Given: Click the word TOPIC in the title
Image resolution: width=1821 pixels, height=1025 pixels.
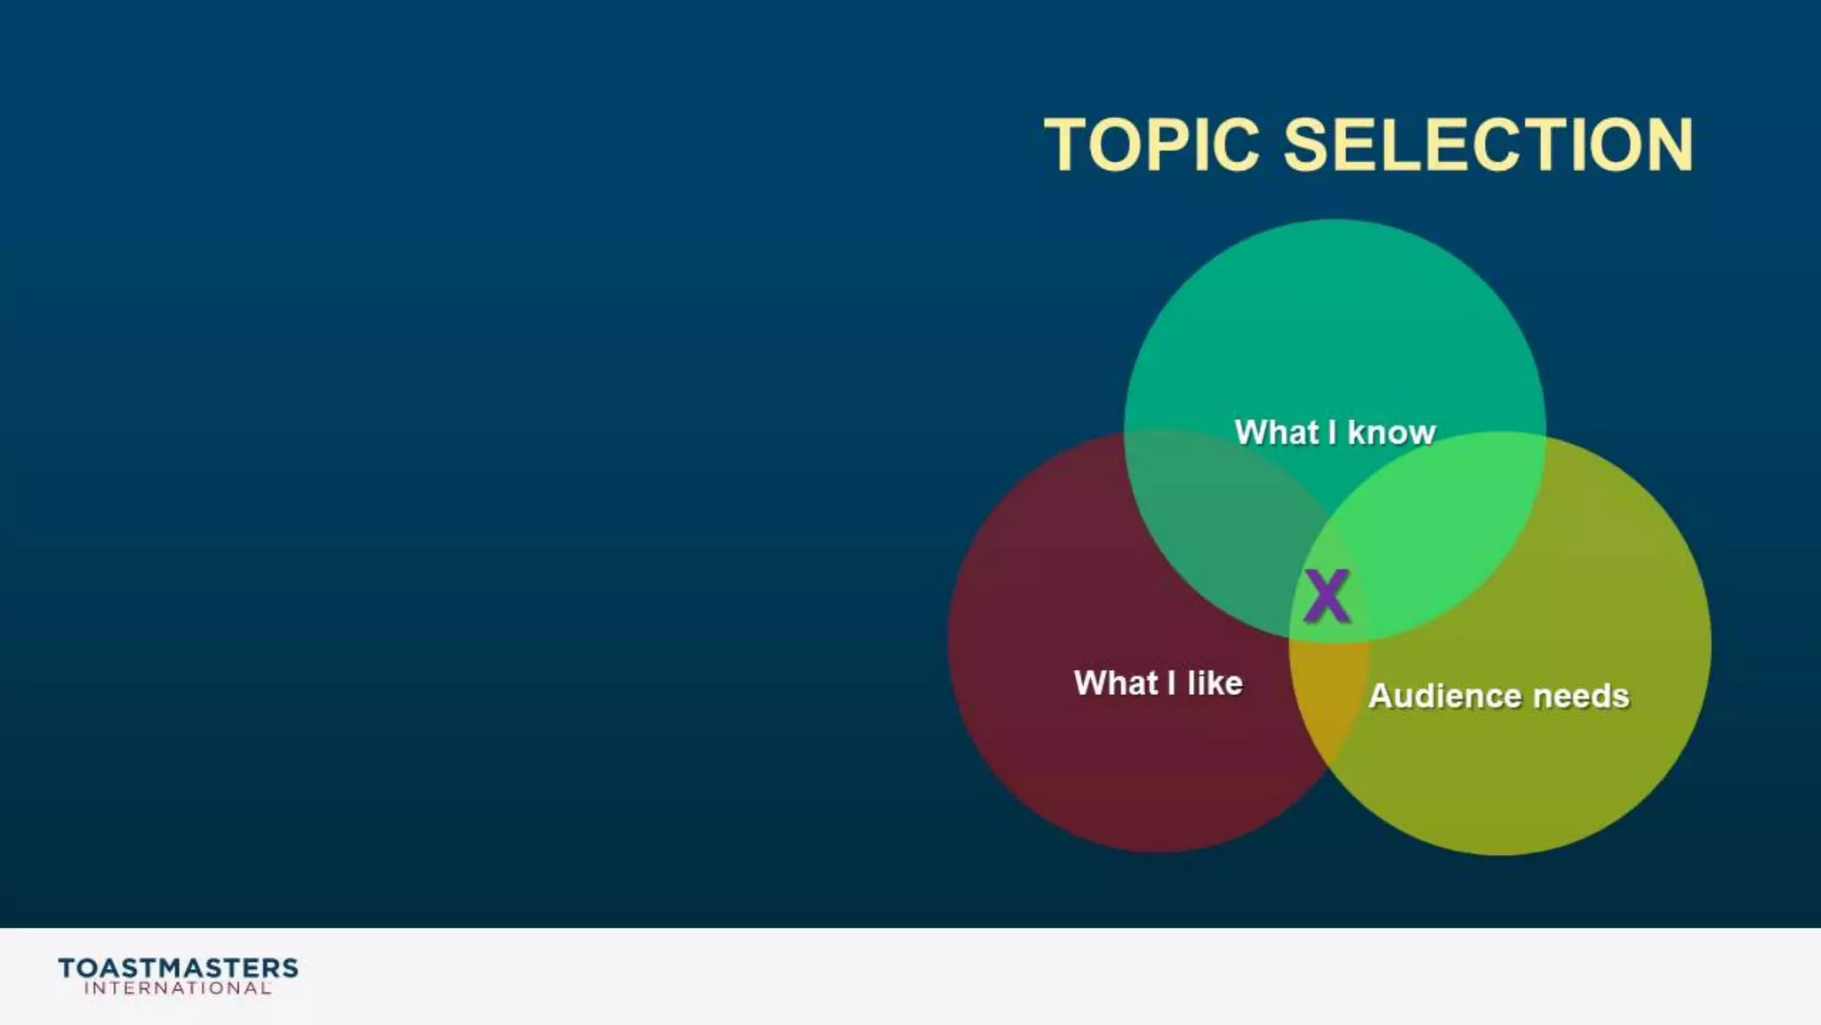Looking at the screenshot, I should click(1151, 145).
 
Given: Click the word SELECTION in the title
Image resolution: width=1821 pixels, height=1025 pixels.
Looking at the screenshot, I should click(1488, 145).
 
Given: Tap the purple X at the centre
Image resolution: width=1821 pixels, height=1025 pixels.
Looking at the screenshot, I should click(1327, 596).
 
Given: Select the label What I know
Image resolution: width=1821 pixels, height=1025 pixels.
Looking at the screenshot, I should click(1335, 432).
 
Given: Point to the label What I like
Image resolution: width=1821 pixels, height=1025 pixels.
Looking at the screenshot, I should click(1158, 683).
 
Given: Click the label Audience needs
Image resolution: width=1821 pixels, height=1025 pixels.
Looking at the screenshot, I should click(1498, 696).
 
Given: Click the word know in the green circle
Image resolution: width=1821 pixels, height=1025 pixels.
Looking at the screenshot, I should click(1392, 432).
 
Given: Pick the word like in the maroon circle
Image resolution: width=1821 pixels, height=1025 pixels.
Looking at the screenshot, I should click(1215, 683).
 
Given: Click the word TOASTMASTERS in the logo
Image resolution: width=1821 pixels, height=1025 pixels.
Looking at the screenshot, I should click(178, 968).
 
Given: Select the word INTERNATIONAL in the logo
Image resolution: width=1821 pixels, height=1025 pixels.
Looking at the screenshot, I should click(178, 989).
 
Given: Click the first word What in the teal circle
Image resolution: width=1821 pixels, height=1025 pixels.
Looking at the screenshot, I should click(1276, 432).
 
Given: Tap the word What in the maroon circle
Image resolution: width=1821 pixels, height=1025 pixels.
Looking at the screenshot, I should click(1116, 683).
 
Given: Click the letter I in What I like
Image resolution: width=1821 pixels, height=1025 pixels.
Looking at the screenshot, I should click(1171, 683).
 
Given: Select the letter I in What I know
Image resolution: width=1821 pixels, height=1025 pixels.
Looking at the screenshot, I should click(1332, 432).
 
